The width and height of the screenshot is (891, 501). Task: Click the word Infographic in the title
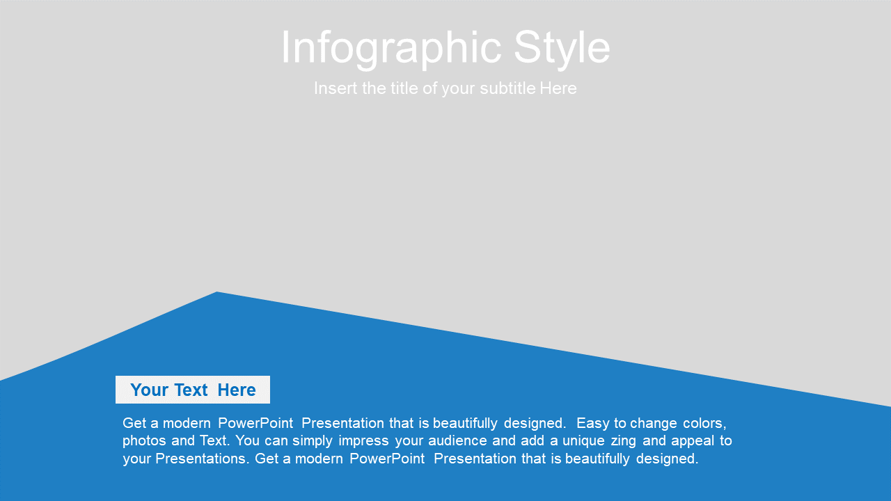(391, 49)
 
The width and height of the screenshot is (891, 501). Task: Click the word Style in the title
(562, 49)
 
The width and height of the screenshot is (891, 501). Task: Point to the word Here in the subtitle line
(558, 88)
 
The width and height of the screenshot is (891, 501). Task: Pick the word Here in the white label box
(237, 390)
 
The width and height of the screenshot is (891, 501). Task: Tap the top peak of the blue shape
(216, 292)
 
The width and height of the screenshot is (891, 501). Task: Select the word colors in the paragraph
(704, 424)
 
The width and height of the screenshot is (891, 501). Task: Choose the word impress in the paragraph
(363, 441)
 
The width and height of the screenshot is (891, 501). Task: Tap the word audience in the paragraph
(457, 441)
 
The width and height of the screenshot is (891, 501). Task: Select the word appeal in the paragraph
(693, 441)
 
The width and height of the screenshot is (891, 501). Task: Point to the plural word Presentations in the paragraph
(202, 459)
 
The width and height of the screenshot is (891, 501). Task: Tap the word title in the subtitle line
(404, 88)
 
